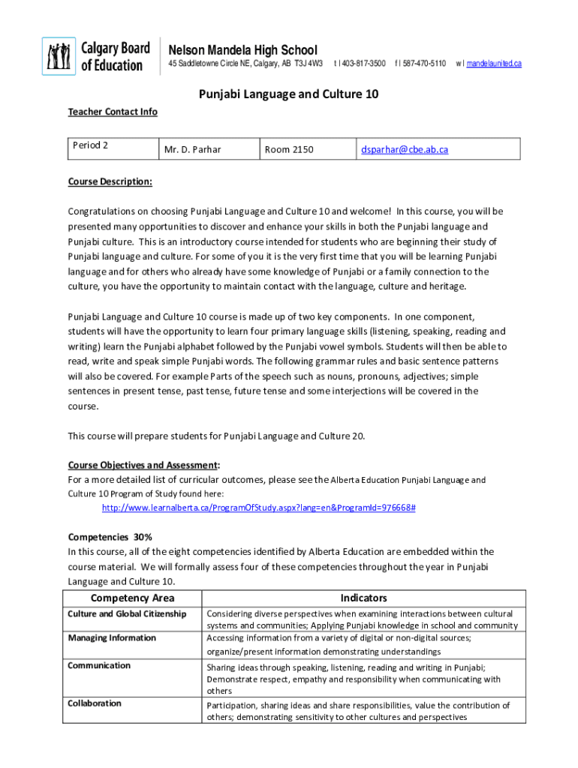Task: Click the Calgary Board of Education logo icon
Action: [x=59, y=56]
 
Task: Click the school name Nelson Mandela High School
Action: [x=242, y=49]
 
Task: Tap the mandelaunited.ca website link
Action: [x=493, y=64]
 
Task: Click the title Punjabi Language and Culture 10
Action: [x=288, y=94]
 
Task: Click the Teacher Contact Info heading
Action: [x=113, y=112]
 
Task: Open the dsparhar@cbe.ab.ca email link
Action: [x=405, y=149]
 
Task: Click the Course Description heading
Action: [x=110, y=182]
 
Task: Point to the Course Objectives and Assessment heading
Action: [x=143, y=465]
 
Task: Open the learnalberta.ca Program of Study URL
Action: [x=258, y=508]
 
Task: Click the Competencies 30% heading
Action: [x=110, y=537]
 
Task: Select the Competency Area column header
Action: [x=132, y=598]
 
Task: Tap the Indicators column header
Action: [x=363, y=598]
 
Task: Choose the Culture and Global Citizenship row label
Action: [x=127, y=613]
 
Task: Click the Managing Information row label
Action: [x=112, y=637]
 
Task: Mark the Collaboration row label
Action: [x=95, y=703]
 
